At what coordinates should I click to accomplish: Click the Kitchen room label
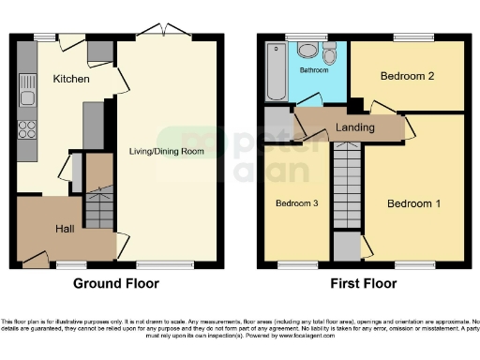[71, 79]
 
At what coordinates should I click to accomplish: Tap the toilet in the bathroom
[330, 52]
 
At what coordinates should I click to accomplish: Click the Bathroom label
[313, 70]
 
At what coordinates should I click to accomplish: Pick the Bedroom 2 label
[406, 77]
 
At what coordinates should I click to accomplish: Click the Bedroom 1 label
[413, 203]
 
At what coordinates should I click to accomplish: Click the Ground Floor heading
[115, 283]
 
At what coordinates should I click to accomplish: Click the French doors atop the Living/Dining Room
[165, 35]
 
